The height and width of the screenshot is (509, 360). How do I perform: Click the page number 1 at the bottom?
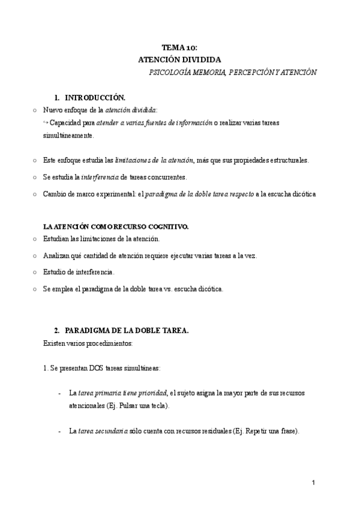click(313, 482)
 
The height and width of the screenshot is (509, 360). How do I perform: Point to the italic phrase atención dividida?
click(131, 110)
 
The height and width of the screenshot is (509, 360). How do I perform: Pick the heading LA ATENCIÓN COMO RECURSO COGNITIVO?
click(116, 226)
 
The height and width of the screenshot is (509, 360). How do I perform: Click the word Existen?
click(55, 343)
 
